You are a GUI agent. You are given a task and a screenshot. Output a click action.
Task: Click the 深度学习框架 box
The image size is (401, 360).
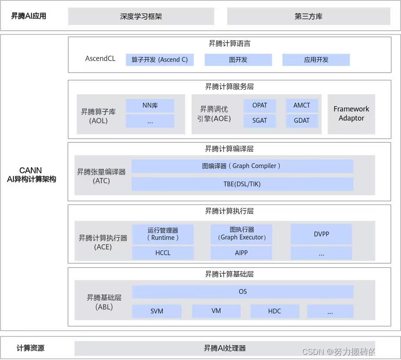141,17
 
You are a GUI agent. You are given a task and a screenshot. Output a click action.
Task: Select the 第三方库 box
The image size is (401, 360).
308,17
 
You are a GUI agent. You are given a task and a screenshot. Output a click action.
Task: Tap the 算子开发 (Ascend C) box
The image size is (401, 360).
160,60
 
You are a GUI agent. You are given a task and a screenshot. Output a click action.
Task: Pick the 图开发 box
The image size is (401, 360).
238,60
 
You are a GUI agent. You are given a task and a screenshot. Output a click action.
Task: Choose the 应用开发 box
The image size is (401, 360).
316,60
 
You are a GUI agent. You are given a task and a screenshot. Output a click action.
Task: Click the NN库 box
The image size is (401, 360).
150,105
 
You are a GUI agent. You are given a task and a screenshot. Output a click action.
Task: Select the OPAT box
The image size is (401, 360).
260,105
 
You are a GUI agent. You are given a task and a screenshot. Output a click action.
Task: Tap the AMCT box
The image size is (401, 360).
302,105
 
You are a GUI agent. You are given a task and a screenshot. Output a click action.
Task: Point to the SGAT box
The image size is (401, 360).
260,121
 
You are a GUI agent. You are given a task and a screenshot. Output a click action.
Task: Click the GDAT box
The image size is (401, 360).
302,121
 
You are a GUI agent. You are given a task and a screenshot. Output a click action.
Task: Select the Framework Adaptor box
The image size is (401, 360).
351,114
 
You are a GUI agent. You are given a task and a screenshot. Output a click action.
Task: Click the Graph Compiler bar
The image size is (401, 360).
242,166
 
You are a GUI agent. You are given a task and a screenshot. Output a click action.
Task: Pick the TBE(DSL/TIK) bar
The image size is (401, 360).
242,184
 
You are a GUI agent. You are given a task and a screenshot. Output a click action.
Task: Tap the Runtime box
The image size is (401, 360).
163,234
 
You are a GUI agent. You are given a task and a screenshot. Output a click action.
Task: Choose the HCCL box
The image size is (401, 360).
163,253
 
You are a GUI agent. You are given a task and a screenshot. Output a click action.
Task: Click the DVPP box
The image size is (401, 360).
321,234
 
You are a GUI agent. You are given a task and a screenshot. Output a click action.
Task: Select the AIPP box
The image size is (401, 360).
241,253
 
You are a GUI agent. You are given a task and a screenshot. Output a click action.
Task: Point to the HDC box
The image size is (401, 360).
274,311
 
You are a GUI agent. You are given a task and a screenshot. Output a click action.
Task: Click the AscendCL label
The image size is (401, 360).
100,58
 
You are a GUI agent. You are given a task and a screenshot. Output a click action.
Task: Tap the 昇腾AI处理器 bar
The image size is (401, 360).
225,348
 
